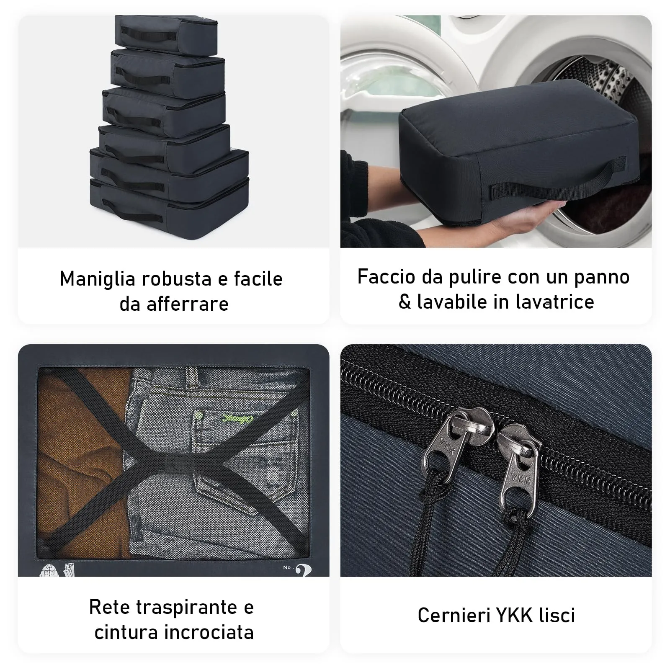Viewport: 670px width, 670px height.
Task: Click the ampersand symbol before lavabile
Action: click(x=405, y=302)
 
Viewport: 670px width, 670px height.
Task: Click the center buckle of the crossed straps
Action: click(x=176, y=464)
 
